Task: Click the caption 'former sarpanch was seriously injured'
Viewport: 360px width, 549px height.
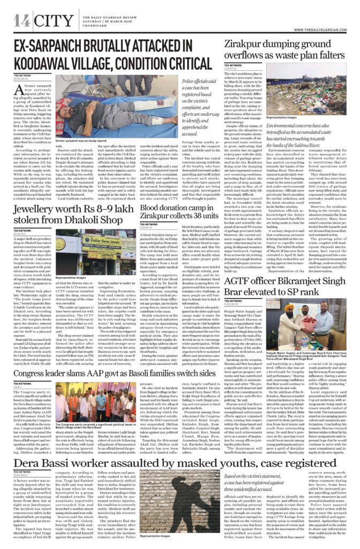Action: click(x=81, y=141)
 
